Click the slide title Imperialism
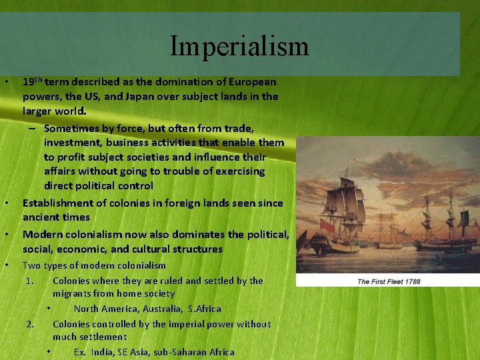(239, 46)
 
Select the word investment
(74, 143)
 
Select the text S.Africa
(204, 309)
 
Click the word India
(102, 352)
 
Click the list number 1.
(31, 281)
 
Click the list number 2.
(31, 324)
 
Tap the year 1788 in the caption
(411, 281)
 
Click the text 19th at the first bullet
(32, 82)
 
